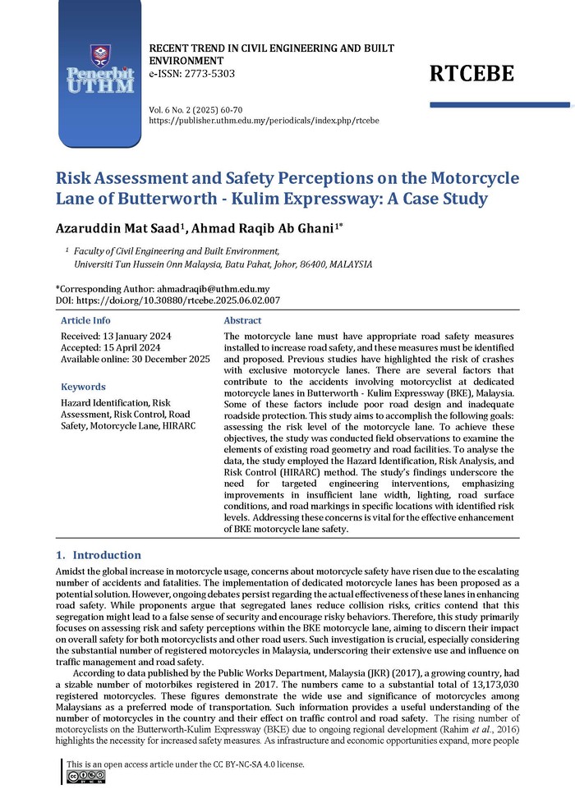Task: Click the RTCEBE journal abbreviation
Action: pos(471,74)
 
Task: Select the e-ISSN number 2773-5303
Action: pos(202,74)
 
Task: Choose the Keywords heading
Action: pos(83,387)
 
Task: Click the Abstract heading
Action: pos(242,321)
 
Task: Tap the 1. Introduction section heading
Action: pos(98,555)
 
